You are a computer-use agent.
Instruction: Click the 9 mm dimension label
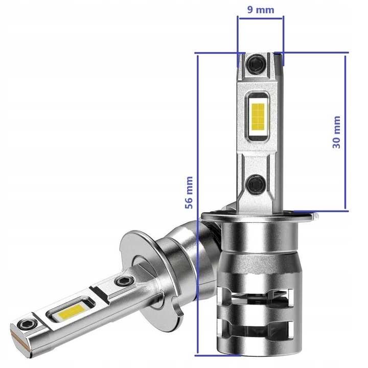[260, 9]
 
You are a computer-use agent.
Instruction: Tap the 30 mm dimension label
[336, 132]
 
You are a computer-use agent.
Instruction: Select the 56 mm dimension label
[189, 192]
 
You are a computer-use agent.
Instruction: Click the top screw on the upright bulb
[255, 64]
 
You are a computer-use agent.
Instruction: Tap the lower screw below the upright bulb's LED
[255, 182]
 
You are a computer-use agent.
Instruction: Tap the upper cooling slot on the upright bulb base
[261, 295]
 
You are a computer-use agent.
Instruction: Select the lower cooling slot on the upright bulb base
[261, 328]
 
